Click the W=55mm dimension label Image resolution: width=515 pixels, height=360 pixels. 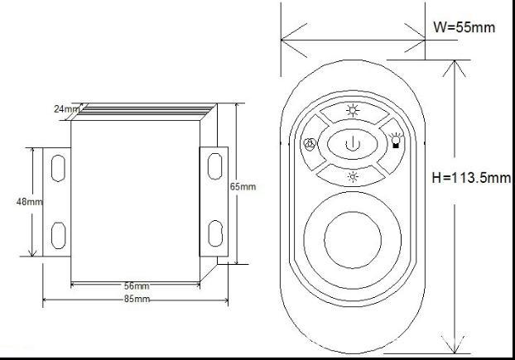(464, 27)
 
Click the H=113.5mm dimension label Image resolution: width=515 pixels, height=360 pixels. (473, 176)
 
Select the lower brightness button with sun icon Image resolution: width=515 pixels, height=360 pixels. (353, 175)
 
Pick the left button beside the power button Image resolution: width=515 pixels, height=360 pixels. (310, 144)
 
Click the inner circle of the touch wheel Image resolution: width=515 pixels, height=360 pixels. (353, 238)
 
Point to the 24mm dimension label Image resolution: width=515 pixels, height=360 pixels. (65, 108)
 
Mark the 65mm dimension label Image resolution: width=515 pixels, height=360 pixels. (243, 187)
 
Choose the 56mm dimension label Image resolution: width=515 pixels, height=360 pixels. (136, 286)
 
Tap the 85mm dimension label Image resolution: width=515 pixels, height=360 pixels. (137, 298)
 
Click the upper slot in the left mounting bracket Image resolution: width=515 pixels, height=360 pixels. (57, 166)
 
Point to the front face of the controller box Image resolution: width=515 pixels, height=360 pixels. (136, 199)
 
